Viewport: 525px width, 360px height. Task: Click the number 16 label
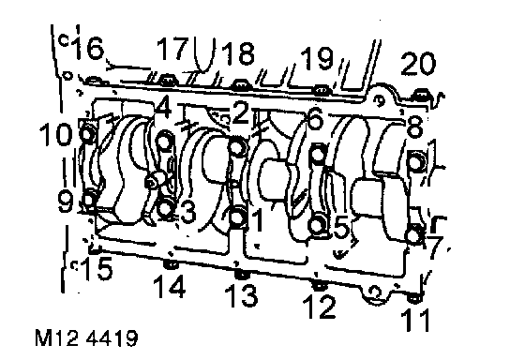[x=88, y=48]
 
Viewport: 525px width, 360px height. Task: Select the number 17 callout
[x=172, y=49]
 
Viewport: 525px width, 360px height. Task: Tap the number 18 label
[x=238, y=53]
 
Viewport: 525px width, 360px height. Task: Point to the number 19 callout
[x=317, y=58]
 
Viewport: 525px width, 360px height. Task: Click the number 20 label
[x=418, y=64]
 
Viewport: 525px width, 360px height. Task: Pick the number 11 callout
[x=415, y=320]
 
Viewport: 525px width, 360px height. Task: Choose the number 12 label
[x=319, y=307]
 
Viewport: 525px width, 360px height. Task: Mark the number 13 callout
[x=242, y=295]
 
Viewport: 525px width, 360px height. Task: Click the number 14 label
[x=170, y=286]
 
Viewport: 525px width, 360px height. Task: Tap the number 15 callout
[x=97, y=268]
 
